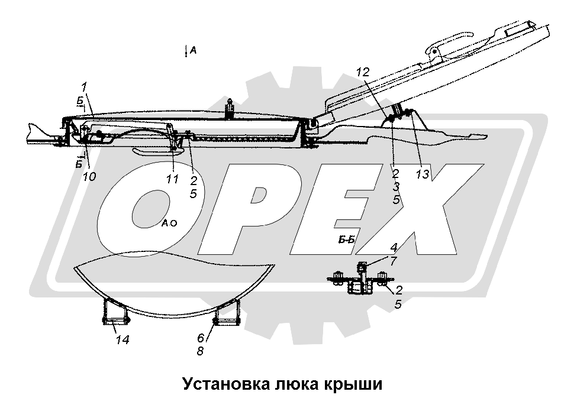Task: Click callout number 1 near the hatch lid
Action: (x=85, y=86)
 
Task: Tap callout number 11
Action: (x=172, y=179)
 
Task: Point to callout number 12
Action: (x=362, y=72)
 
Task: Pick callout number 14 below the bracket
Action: (x=123, y=339)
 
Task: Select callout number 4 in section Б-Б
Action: (x=393, y=247)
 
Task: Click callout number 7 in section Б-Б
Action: (x=393, y=261)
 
